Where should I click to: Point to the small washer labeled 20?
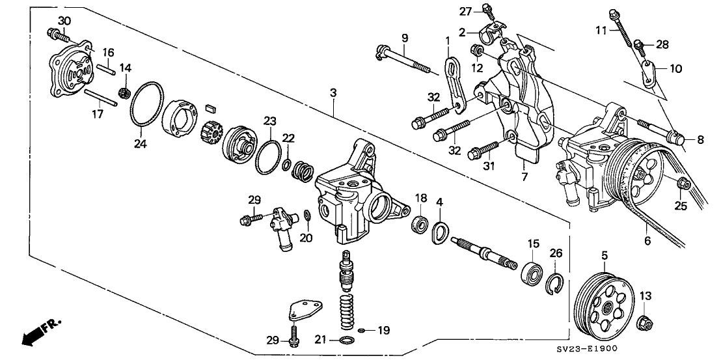pyautogui.click(x=306, y=215)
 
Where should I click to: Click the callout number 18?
pyautogui.click(x=421, y=198)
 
